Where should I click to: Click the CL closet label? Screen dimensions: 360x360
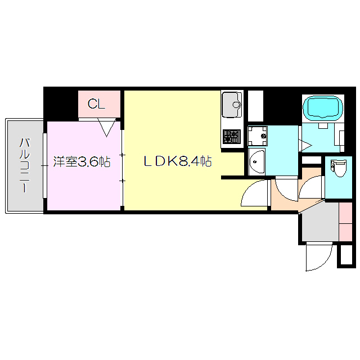pos(96,104)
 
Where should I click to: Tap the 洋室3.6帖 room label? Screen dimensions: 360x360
pos(82,163)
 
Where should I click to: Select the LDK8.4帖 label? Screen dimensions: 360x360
pos(177,163)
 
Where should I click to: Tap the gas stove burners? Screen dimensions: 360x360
pos(231,137)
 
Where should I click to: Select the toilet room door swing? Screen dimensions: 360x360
pos(311,187)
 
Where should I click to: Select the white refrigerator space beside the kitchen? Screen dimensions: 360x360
pos(255,105)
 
